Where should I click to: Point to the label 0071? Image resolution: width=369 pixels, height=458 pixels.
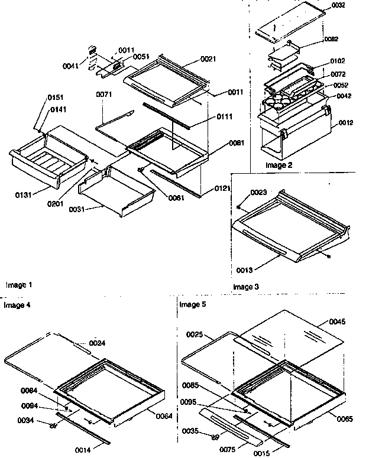(x=104, y=94)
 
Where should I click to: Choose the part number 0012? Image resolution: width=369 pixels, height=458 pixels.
(x=346, y=123)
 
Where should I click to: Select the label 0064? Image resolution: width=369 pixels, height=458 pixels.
(x=164, y=416)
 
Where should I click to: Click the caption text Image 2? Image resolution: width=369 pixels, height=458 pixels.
(x=279, y=165)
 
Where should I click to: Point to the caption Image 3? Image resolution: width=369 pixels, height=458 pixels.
(x=246, y=287)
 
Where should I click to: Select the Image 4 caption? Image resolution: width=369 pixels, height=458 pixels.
(x=17, y=305)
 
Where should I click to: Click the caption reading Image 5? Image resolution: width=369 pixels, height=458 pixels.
(x=192, y=304)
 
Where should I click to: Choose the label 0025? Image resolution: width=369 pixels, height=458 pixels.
(x=195, y=335)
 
